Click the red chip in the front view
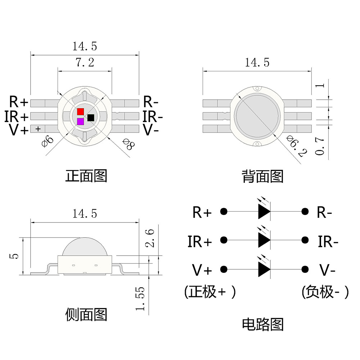point(80,112)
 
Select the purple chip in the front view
point(80,122)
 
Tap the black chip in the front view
point(91,117)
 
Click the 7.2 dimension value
point(85,63)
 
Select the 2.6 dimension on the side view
point(151,238)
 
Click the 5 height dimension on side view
point(14,256)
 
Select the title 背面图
point(262,176)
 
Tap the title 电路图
point(262,324)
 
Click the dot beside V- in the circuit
point(305,269)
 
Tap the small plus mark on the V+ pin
point(38,129)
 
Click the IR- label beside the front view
point(153,117)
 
